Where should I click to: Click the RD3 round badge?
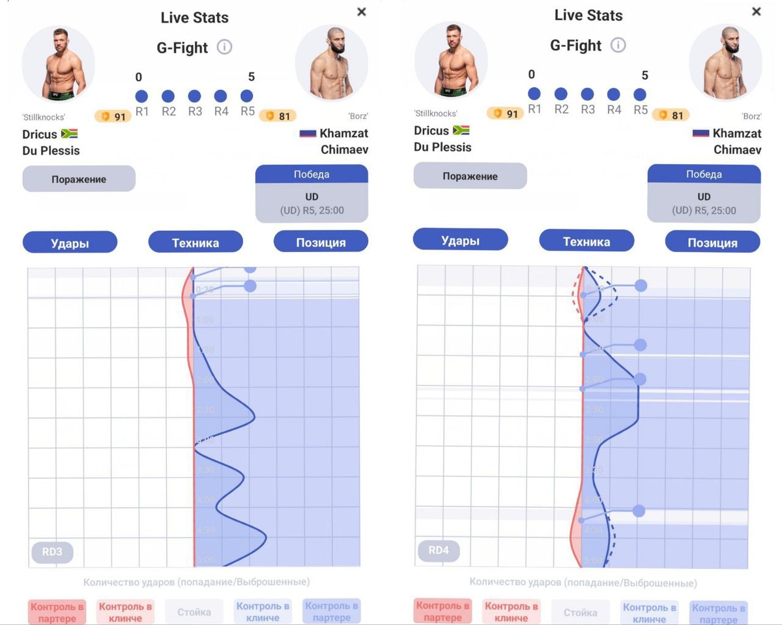[x=52, y=553]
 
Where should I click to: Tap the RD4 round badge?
[x=438, y=551]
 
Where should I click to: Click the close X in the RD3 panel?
[x=362, y=12]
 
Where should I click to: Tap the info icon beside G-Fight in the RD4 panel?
[x=618, y=45]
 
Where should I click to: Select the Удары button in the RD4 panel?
[x=460, y=240]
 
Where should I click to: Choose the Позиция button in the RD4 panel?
[x=712, y=242]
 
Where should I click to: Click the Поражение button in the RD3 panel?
[x=79, y=179]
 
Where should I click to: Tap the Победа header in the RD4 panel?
[x=704, y=174]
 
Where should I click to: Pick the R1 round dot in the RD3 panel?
[x=141, y=96]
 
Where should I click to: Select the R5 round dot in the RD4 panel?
[x=640, y=94]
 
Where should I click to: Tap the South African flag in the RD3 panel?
[x=70, y=133]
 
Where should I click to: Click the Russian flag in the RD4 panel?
[x=701, y=133]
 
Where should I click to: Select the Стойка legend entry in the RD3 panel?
[x=194, y=612]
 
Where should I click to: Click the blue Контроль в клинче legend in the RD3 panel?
[x=263, y=612]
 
